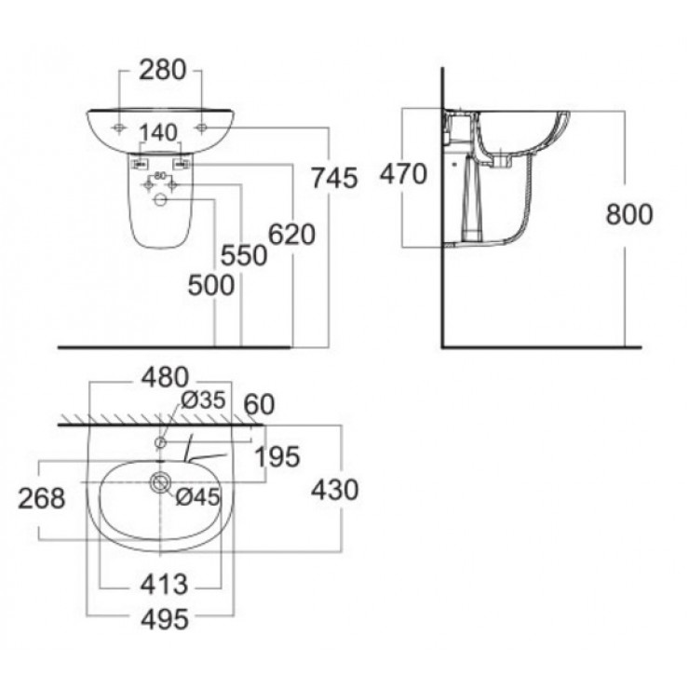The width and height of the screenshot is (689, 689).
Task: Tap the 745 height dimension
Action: tap(336, 178)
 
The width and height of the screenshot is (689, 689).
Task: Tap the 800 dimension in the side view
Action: tap(629, 214)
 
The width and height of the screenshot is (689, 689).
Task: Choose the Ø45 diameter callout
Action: tap(197, 497)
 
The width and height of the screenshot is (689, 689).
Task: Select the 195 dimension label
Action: tap(277, 456)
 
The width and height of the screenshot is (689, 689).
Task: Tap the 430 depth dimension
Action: tap(335, 490)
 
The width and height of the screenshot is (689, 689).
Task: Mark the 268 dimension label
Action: tap(43, 498)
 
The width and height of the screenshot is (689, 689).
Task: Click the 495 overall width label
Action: tap(164, 617)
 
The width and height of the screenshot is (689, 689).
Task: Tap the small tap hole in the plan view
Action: tap(160, 441)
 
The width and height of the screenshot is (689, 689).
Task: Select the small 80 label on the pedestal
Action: tap(159, 174)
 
